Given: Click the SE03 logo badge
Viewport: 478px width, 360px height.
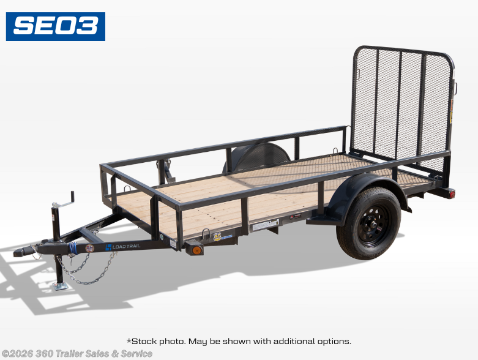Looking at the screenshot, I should (56, 26).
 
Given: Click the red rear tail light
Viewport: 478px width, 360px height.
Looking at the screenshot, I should (452, 193).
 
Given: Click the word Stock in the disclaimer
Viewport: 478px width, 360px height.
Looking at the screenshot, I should (144, 341).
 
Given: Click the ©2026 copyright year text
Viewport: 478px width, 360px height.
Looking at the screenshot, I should (18, 354).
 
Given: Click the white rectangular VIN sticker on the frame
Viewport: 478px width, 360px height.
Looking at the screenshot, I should (266, 225).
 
